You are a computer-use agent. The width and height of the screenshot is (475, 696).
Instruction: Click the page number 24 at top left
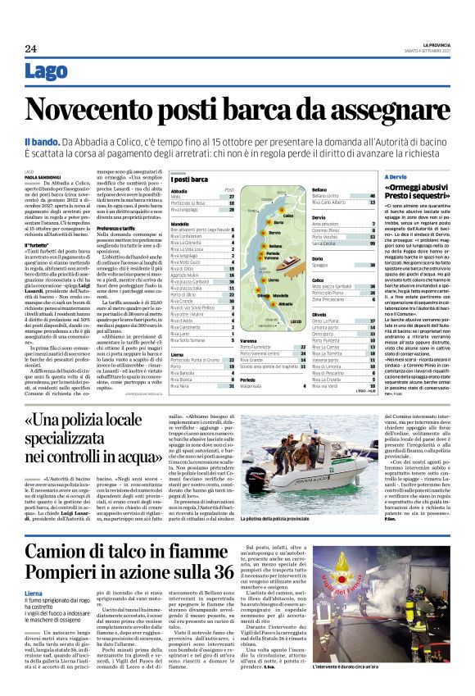pyautogui.click(x=30, y=49)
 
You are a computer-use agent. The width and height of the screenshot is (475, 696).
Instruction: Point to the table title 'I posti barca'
pyautogui.click(x=189, y=178)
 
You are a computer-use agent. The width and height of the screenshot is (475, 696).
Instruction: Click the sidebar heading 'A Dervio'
pyautogui.click(x=398, y=176)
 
